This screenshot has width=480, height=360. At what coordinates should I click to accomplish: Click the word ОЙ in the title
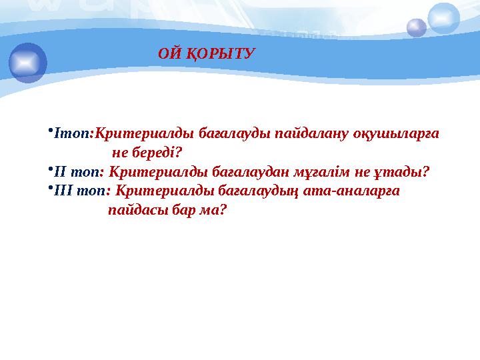169,53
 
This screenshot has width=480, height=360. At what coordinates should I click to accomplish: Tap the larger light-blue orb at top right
443,18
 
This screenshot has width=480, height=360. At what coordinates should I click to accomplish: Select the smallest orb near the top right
417,28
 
